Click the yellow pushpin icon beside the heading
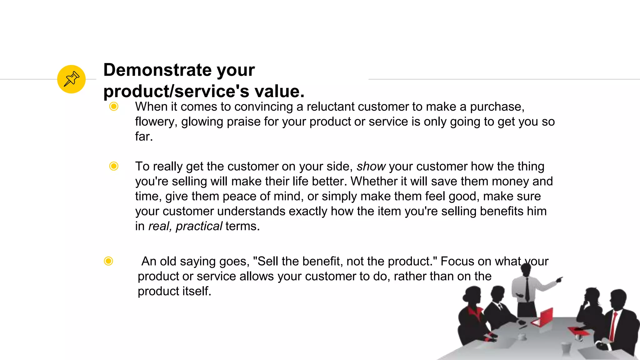pyautogui.click(x=71, y=79)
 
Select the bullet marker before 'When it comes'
pyautogui.click(x=114, y=107)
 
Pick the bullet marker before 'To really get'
pyautogui.click(x=114, y=166)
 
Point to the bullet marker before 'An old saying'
pyautogui.click(x=108, y=261)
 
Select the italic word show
pyautogui.click(x=371, y=167)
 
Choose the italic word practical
pyautogui.click(x=199, y=226)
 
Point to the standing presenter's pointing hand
pyautogui.click(x=559, y=279)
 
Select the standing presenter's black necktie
pyautogui.click(x=527, y=289)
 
